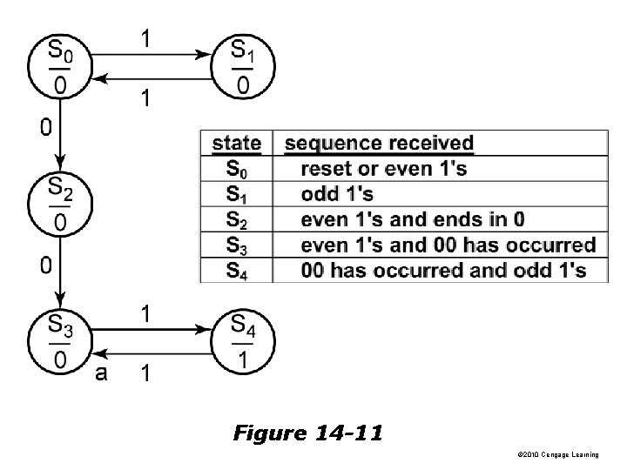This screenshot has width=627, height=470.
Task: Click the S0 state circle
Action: (x=58, y=67)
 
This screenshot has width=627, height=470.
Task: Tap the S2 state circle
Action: (x=58, y=205)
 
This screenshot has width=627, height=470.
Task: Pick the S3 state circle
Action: (x=58, y=342)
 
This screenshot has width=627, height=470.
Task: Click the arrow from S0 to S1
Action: (x=150, y=54)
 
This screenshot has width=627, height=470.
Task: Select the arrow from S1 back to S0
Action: (x=150, y=79)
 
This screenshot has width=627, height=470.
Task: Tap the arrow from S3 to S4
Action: (x=150, y=330)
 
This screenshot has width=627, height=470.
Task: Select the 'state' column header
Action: (x=236, y=143)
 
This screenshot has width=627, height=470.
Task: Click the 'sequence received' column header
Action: (x=380, y=143)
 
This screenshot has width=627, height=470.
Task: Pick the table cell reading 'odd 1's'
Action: (x=337, y=193)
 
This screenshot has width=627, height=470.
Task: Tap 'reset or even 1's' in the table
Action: (x=382, y=168)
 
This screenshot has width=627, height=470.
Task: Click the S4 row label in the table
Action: (x=236, y=270)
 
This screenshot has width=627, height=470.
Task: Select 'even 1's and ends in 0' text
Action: (x=412, y=218)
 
